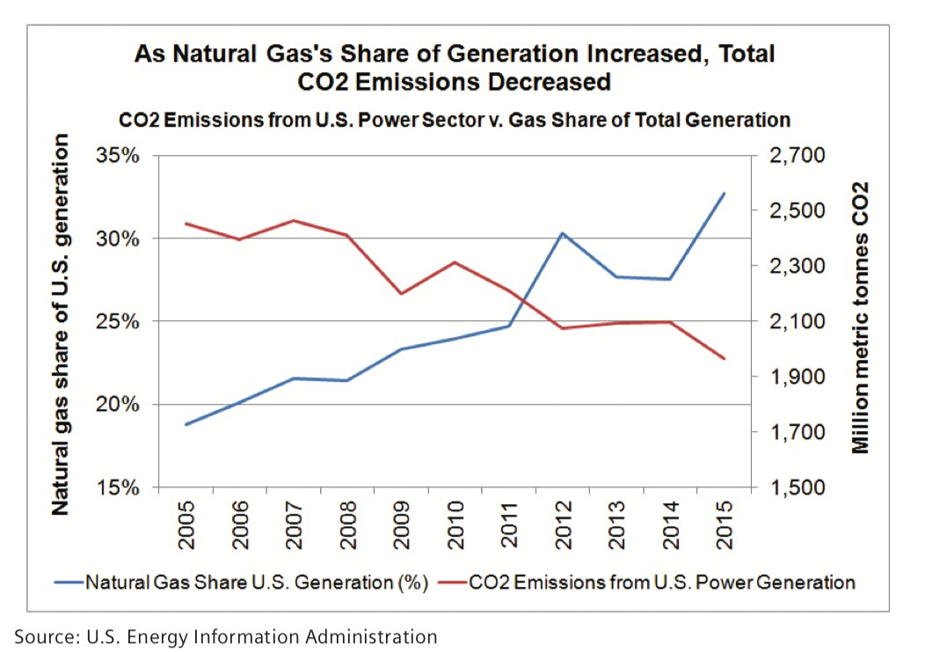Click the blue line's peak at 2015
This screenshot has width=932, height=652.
point(724,193)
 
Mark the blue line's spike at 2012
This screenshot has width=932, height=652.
point(562,233)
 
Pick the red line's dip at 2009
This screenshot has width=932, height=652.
point(401,293)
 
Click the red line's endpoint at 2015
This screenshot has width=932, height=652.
point(724,358)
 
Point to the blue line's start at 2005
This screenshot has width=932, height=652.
point(186,424)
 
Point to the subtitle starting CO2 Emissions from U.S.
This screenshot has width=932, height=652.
point(455,119)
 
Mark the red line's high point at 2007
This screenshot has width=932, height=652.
point(293,220)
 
